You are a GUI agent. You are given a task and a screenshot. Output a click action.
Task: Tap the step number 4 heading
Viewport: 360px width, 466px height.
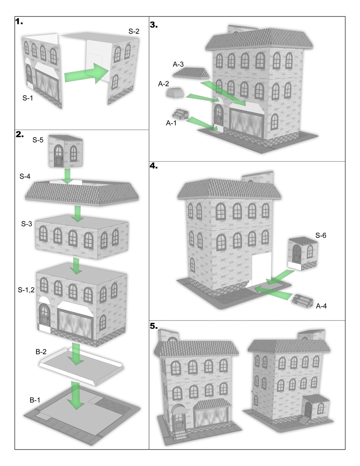click(154, 166)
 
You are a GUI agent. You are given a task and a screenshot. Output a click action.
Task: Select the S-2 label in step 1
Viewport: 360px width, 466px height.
click(134, 32)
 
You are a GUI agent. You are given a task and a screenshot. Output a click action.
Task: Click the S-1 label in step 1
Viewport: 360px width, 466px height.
click(28, 98)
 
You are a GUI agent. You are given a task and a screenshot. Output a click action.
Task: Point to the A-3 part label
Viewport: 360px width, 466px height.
click(178, 64)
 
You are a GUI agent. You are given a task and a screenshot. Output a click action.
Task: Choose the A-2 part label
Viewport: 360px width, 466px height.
click(163, 84)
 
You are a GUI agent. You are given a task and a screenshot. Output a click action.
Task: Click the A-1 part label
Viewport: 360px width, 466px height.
click(171, 123)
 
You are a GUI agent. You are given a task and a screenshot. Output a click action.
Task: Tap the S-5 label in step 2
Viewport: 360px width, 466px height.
click(38, 140)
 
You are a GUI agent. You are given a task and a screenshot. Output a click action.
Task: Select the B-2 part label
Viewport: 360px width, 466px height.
click(41, 352)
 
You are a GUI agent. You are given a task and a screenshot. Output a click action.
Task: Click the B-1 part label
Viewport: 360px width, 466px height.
click(35, 400)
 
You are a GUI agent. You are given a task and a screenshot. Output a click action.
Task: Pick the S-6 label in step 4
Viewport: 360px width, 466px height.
click(321, 235)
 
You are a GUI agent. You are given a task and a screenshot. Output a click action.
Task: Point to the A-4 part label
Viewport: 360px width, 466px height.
click(321, 306)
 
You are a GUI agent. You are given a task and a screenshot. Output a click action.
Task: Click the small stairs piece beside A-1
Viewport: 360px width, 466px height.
click(180, 114)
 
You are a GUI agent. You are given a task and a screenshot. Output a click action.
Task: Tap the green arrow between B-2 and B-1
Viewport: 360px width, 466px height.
click(76, 395)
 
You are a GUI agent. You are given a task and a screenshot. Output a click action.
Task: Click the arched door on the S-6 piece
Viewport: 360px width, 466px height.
click(297, 255)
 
